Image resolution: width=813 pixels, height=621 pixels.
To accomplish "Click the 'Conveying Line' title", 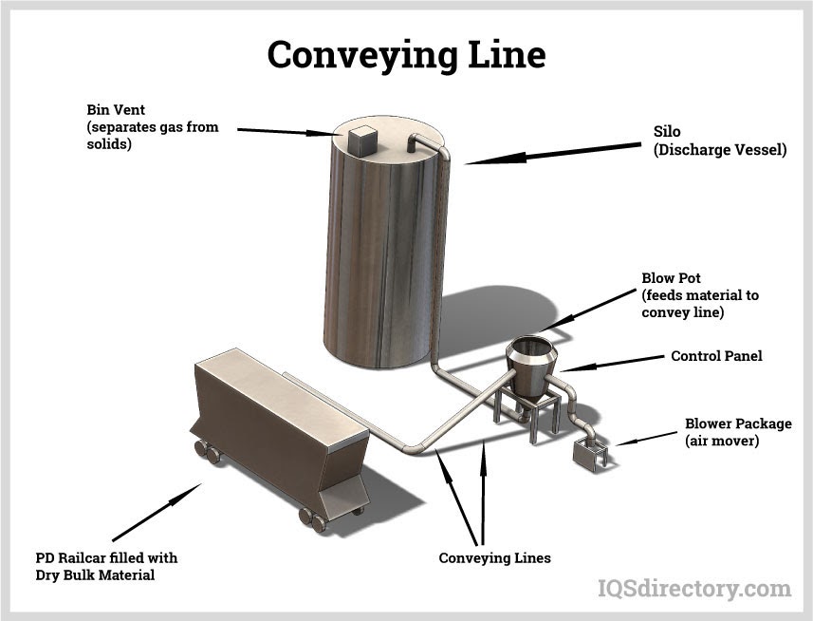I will [406, 55].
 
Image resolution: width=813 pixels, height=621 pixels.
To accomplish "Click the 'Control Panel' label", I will [716, 357].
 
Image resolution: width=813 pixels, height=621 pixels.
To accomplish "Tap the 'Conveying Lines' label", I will [494, 557].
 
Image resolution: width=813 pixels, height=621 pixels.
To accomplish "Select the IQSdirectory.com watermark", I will [693, 589].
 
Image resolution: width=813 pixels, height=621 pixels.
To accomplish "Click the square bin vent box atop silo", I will [360, 139].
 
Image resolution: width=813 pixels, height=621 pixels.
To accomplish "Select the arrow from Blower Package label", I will [644, 439].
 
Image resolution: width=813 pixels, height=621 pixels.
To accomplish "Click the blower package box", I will [590, 453].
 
